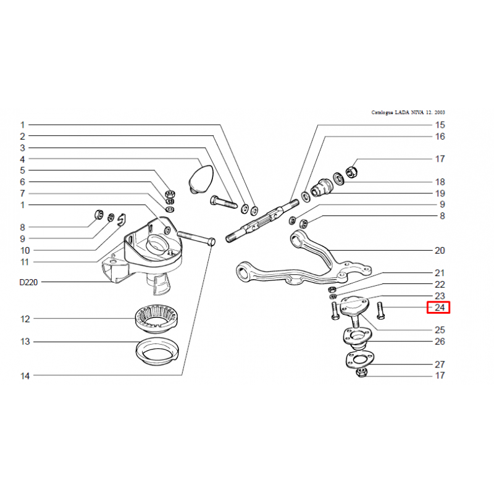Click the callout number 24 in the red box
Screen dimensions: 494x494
coord(440,308)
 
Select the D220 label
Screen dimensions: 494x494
coord(28,282)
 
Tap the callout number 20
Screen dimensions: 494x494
coord(440,251)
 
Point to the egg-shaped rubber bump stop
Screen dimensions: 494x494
coord(201,178)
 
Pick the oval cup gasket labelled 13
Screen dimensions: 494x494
coord(157,351)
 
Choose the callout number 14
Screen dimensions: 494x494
coord(25,376)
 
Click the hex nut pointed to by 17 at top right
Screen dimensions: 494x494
coord(351,172)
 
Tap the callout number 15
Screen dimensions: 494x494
coord(440,125)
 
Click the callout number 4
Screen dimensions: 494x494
coord(22,159)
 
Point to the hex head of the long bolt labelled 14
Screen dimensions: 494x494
coord(212,242)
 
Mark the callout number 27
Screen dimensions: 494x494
coord(440,364)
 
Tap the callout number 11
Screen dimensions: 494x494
coord(25,262)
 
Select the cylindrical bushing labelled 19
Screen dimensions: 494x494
coord(321,188)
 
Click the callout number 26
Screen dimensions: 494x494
coord(440,341)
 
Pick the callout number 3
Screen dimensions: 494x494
coord(22,148)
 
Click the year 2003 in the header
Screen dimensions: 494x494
coord(440,112)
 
